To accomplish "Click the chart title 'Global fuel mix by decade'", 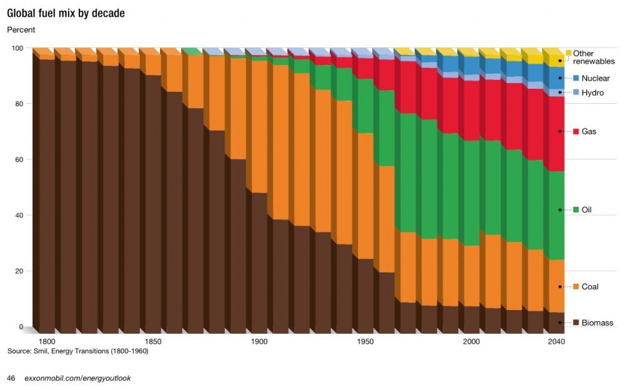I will pos(65,13).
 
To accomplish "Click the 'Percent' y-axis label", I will pos(21,30).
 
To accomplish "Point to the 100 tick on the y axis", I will pos(17,48).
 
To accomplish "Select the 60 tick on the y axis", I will pos(19,159).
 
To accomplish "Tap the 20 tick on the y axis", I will pos(19,271).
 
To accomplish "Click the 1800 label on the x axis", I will pos(47,342).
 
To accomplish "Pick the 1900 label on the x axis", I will pos(259,342).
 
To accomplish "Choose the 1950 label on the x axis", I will pos(366,342).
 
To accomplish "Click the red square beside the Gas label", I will pos(577,132).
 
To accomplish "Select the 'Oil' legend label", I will pos(586,210).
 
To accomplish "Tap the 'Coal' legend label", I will pos(590,287).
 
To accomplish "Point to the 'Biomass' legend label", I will pos(597,323).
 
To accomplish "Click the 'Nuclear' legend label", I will pos(595,79).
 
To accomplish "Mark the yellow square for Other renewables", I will pos(569,53).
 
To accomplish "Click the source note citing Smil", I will pos(77,351).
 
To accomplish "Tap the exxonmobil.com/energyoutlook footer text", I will pos(77,379).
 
